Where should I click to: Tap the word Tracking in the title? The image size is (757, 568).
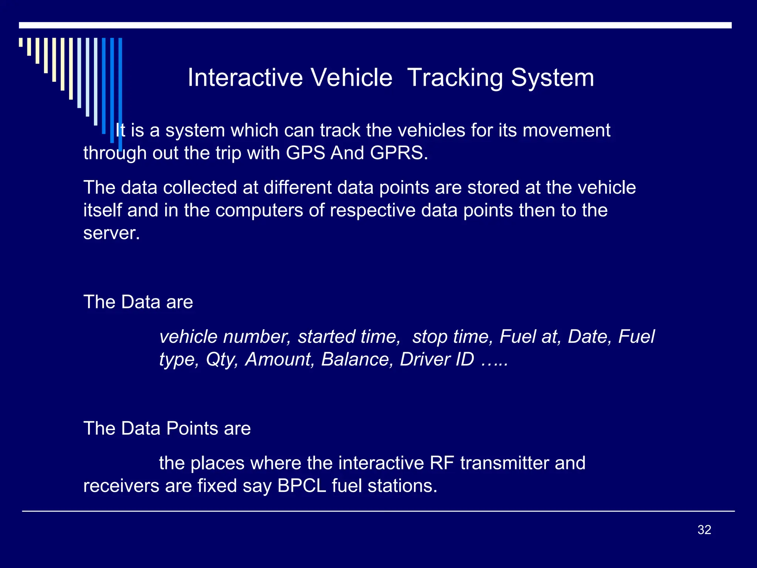click(455, 78)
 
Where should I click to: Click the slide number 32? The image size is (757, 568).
click(704, 530)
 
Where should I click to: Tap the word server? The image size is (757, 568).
click(111, 233)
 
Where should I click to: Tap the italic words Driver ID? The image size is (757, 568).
click(437, 359)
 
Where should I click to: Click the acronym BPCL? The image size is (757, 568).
click(302, 486)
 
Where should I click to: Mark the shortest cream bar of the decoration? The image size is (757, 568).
click(21, 42)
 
